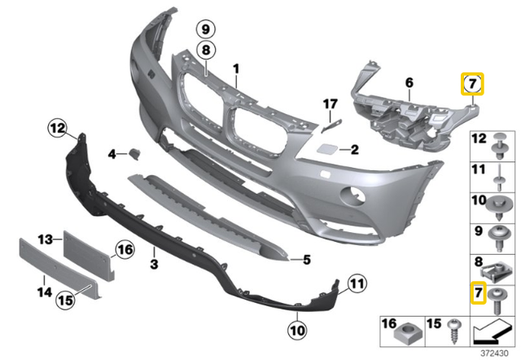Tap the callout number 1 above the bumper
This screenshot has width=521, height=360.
tap(237, 68)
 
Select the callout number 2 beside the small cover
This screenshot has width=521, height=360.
tap(332, 150)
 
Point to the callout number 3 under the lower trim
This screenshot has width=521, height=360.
tap(154, 266)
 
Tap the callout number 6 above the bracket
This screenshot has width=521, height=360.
tap(409, 81)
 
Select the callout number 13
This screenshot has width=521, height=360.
tap(46, 239)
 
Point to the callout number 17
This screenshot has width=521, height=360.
tap(330, 103)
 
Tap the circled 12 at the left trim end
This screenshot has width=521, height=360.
tap(55, 127)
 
